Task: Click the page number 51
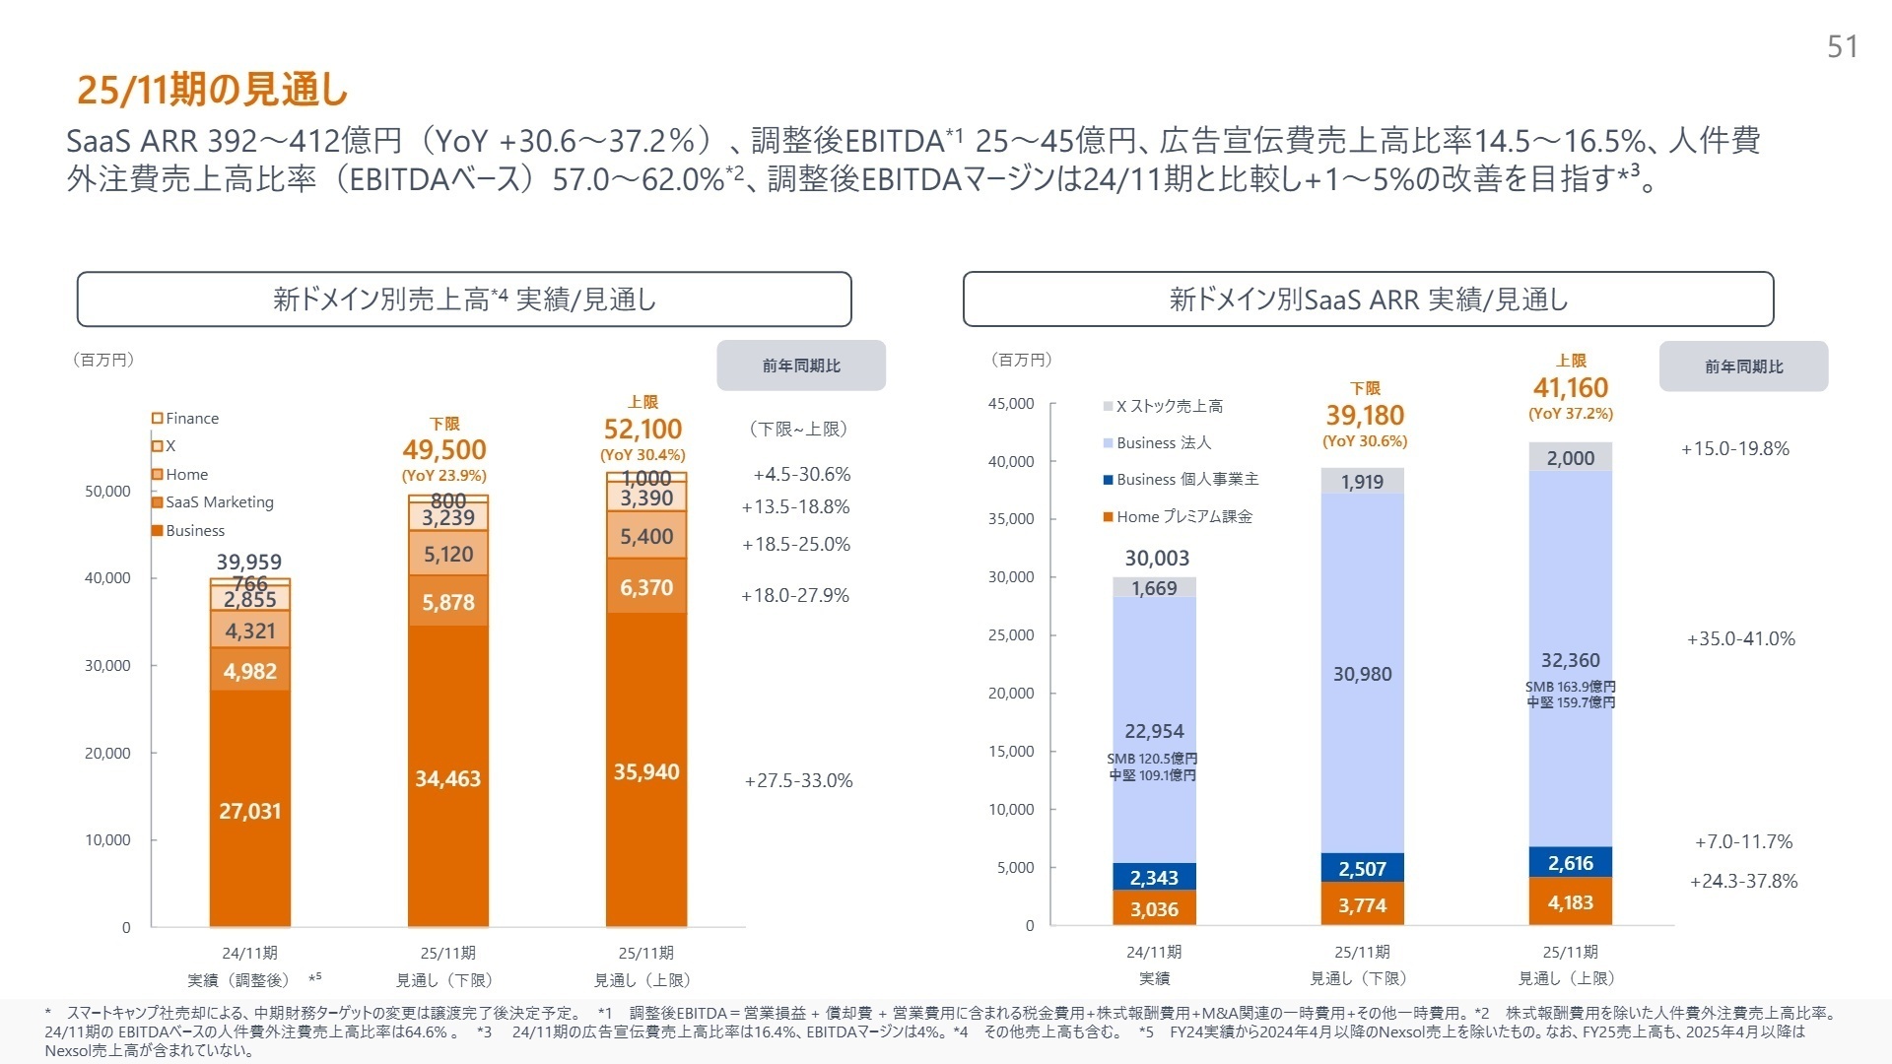click(1842, 46)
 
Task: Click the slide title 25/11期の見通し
click(213, 90)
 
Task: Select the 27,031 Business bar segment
click(250, 811)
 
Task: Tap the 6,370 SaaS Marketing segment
click(646, 587)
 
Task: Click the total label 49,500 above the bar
click(444, 450)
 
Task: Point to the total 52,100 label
click(642, 430)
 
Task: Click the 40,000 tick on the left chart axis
click(107, 578)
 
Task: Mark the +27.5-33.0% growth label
click(798, 780)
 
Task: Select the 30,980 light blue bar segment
click(1362, 674)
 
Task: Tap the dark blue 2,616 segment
click(1570, 863)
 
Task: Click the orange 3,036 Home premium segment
click(1154, 909)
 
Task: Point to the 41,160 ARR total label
click(1570, 388)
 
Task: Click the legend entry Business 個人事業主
click(1186, 479)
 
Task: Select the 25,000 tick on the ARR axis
click(1011, 635)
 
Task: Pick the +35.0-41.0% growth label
click(1740, 638)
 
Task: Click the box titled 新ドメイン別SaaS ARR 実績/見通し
click(1368, 299)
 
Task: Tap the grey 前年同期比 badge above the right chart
click(1743, 366)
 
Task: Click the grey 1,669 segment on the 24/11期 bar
click(1154, 588)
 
